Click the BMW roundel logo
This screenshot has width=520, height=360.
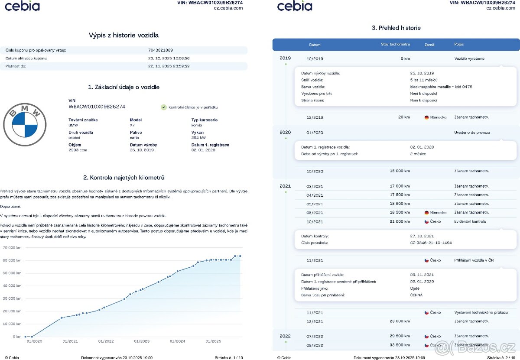pyautogui.click(x=25, y=126)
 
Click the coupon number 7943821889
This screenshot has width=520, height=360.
pyautogui.click(x=160, y=50)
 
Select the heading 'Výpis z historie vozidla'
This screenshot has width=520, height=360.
pyautogui.click(x=123, y=35)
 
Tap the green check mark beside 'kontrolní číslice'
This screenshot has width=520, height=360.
pyautogui.click(x=163, y=107)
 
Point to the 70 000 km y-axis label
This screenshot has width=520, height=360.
pyautogui.click(x=12, y=247)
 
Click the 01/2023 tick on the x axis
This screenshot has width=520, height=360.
pyautogui.click(x=142, y=341)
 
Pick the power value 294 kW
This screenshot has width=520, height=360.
pyautogui.click(x=198, y=137)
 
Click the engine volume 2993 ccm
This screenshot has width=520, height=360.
pyautogui.click(x=78, y=150)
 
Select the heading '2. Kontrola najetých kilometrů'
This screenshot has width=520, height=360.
pyautogui.click(x=123, y=178)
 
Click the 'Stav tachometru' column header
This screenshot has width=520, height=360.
pyautogui.click(x=395, y=45)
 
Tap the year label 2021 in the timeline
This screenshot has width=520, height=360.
pyautogui.click(x=285, y=186)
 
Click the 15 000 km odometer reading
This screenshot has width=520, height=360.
pyautogui.click(x=400, y=171)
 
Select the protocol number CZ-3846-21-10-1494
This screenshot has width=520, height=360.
pyautogui.click(x=431, y=243)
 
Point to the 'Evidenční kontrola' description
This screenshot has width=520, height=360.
pyautogui.click(x=470, y=221)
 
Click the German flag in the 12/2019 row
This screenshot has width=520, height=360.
pyautogui.click(x=427, y=117)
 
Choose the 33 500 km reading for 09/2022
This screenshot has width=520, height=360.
pyautogui.click(x=400, y=345)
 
